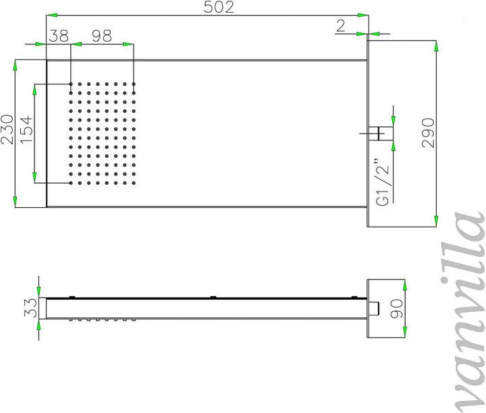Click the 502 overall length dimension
pyautogui.click(x=219, y=7)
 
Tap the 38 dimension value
pyautogui.click(x=59, y=36)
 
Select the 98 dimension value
pyautogui.click(x=102, y=36)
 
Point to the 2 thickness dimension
pyautogui.click(x=341, y=26)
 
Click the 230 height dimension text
pyautogui.click(x=7, y=130)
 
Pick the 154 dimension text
pyautogui.click(x=26, y=129)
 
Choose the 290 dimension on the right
pyautogui.click(x=428, y=133)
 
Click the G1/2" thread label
pyautogui.click(x=382, y=183)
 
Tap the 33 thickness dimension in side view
pyautogui.click(x=30, y=308)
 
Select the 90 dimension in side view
pyautogui.click(x=396, y=308)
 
